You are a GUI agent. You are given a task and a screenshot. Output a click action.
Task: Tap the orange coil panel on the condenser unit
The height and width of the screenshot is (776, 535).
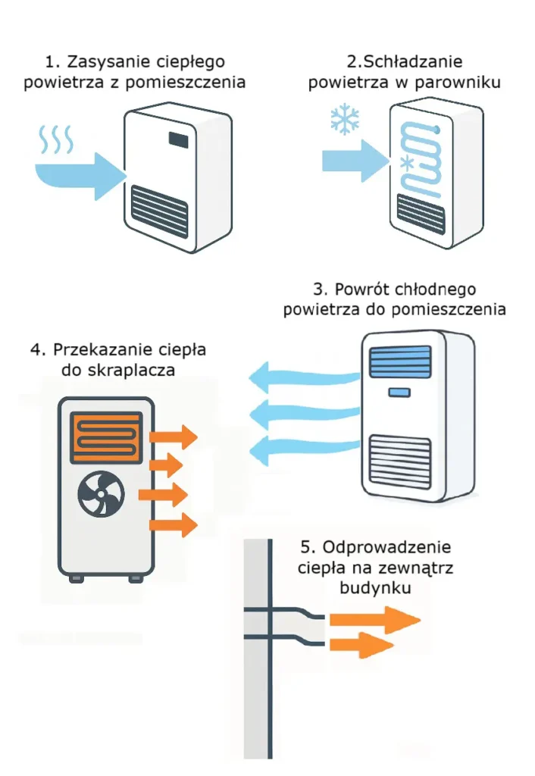(x=106, y=437)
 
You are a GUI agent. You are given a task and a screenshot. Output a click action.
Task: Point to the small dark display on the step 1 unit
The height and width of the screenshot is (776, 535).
(x=179, y=140)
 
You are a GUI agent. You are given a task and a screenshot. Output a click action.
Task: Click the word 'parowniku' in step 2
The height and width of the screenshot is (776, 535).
(x=461, y=82)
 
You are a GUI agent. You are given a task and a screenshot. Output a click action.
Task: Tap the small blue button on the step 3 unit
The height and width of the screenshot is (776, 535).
(x=398, y=392)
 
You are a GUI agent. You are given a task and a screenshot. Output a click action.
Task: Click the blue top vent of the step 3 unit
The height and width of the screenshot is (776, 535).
(x=401, y=358)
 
